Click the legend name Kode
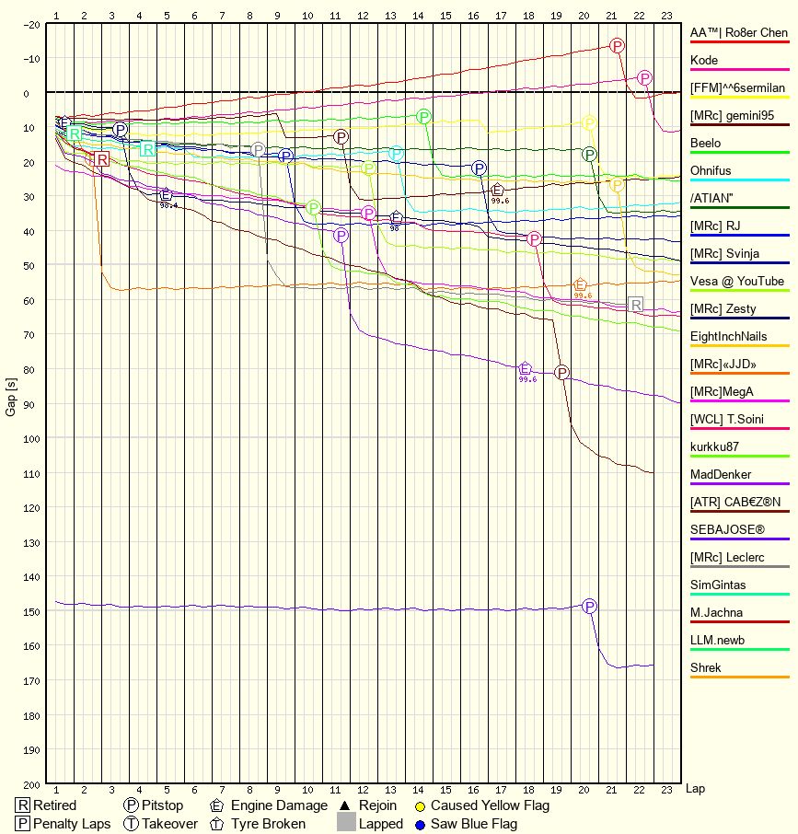704,61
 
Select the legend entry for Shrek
706,668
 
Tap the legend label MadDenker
721,475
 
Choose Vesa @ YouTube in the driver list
737,282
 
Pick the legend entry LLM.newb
717,641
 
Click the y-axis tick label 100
31,439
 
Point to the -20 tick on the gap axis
31,24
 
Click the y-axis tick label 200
31,784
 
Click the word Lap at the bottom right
695,789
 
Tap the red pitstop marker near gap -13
617,45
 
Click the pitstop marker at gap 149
589,606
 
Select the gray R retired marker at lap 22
635,305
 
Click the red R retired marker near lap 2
101,159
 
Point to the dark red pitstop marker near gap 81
561,373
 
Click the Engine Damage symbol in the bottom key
217,805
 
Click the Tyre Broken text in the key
268,824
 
